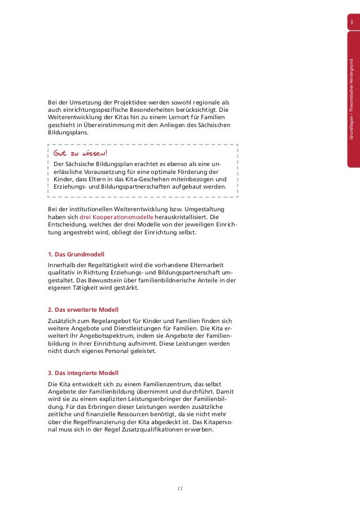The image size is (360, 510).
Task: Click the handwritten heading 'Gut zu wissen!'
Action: pos(80,154)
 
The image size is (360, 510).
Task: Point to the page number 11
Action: pos(180,488)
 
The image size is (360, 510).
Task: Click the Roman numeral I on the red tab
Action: pos(352,23)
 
